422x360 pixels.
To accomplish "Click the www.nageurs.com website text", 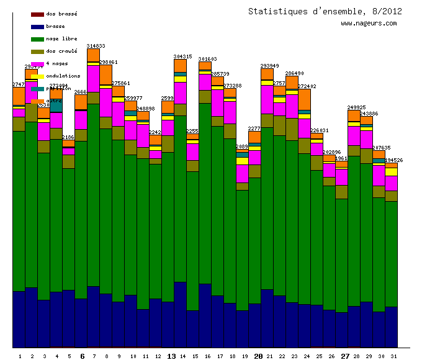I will click(x=369, y=24).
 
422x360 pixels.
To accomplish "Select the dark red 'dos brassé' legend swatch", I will click(x=37, y=14).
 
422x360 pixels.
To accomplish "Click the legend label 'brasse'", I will click(x=55, y=27).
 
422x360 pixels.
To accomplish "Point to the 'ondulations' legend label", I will click(x=63, y=76).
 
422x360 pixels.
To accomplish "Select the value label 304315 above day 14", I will click(x=182, y=56).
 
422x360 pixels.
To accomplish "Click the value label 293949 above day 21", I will click(x=269, y=66).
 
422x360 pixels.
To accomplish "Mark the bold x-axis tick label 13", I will click(x=171, y=356).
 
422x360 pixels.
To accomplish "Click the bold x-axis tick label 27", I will click(x=345, y=356).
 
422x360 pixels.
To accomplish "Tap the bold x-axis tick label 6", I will click(x=82, y=356).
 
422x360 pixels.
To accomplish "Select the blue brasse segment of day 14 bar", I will click(x=180, y=314).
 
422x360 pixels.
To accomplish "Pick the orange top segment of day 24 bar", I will click(x=304, y=99).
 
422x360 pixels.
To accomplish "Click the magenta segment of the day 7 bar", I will click(x=93, y=78).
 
